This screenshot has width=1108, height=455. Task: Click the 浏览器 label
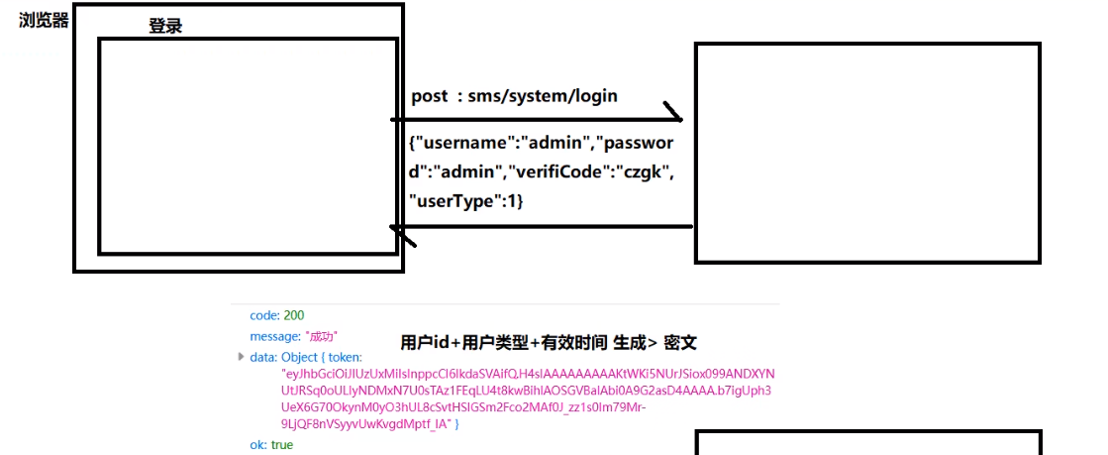(x=44, y=21)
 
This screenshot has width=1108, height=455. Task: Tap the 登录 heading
(x=165, y=27)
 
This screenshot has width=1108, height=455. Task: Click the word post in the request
(x=430, y=96)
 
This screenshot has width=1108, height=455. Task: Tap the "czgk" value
(x=643, y=171)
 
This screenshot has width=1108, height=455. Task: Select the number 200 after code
(x=294, y=315)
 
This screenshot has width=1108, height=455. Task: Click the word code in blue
(x=263, y=315)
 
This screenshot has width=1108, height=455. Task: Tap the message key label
(x=273, y=337)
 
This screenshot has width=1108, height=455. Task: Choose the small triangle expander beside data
(x=242, y=356)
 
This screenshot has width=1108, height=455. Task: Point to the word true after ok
(x=282, y=445)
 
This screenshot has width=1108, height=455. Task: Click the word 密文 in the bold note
(x=681, y=343)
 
